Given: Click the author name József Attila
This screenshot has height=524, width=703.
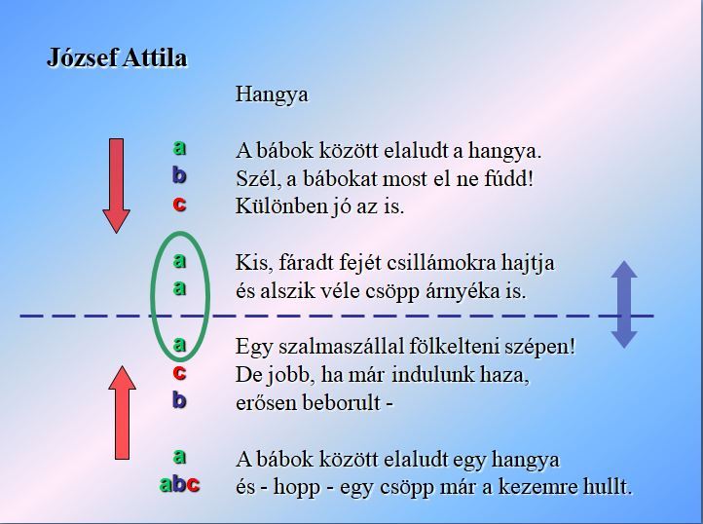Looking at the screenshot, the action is tap(117, 57).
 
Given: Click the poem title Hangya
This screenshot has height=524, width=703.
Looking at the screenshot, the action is tap(272, 95).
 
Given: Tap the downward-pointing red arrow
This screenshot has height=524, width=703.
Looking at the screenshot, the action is tap(117, 186).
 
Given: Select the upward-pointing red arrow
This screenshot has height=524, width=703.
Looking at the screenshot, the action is tap(122, 412).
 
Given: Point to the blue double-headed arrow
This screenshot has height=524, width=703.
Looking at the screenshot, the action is tap(624, 305).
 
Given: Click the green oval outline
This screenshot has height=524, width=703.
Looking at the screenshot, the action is tap(152, 296).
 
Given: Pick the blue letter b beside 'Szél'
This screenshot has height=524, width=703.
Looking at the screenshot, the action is tap(179, 175).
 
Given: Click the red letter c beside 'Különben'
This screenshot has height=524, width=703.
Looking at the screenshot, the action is tap(179, 205).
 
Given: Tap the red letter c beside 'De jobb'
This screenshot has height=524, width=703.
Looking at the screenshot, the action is tap(179, 372).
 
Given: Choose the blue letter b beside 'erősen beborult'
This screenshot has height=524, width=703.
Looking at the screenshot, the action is tap(179, 399).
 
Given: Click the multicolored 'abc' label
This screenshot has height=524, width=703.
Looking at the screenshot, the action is tap(179, 484).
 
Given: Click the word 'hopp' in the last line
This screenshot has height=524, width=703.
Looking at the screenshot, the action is tap(297, 488).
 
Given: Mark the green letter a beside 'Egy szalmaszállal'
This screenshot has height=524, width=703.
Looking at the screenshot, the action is tap(179, 345).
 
